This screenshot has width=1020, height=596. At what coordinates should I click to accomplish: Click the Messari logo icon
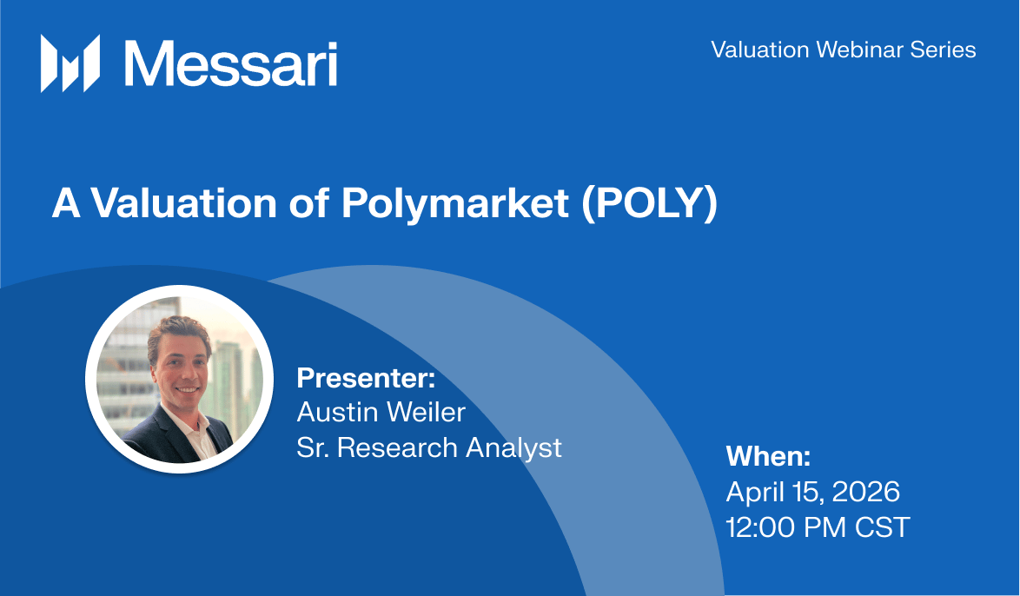[x=70, y=63]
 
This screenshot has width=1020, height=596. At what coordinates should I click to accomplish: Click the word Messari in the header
[x=231, y=63]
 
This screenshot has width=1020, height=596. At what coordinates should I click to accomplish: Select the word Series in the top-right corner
[x=943, y=50]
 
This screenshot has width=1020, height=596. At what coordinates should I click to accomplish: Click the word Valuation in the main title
[x=183, y=203]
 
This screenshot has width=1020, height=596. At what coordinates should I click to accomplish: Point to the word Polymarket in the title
[x=455, y=204]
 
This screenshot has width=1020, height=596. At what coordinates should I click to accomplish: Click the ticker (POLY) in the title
[x=649, y=204]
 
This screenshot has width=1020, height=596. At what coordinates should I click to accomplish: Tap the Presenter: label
[x=366, y=378]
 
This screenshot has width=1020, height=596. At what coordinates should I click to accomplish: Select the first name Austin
[x=338, y=413]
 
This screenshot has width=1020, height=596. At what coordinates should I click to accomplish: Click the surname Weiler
[x=426, y=413]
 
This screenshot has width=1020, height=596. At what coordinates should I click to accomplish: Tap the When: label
[x=768, y=456]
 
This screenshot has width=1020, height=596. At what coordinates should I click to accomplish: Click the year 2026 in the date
[x=866, y=492]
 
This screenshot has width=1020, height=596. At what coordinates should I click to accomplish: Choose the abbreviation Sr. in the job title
[x=313, y=447]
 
